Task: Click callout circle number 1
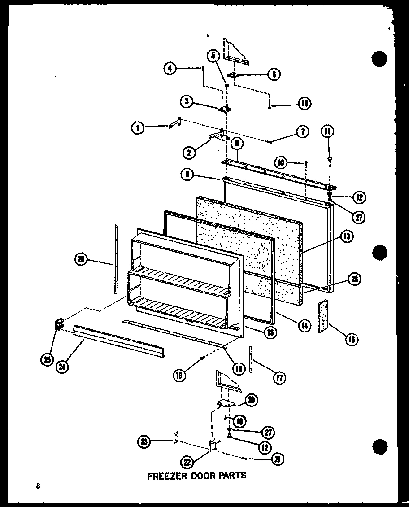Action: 137,129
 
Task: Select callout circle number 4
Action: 169,69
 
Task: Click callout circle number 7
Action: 302,132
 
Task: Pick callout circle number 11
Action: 328,131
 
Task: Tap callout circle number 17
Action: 279,377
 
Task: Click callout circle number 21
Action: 278,459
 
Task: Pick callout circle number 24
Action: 63,366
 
